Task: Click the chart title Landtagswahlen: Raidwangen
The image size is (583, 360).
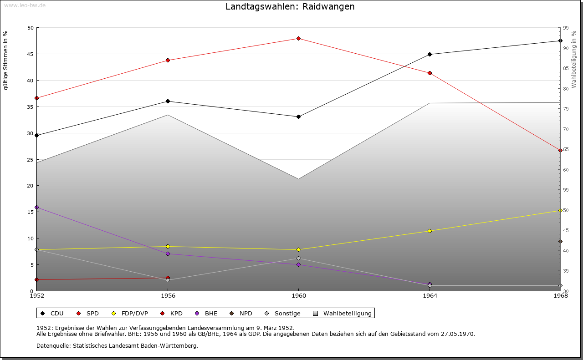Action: point(290,7)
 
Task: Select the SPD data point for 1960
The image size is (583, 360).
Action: point(298,38)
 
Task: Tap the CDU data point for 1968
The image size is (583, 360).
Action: point(560,41)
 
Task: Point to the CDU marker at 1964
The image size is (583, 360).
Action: point(430,55)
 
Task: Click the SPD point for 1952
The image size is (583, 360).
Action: point(37,98)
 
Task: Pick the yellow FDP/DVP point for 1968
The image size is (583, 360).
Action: point(560,211)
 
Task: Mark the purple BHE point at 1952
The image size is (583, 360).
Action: point(37,208)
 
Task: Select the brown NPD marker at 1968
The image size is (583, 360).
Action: point(560,242)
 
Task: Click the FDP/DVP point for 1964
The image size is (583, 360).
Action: point(430,231)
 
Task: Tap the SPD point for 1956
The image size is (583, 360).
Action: point(168,60)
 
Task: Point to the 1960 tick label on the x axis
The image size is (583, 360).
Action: point(298,296)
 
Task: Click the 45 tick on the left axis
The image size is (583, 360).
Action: point(31,54)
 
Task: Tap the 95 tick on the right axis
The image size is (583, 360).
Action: point(565,28)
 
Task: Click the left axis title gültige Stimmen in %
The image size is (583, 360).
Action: point(6,60)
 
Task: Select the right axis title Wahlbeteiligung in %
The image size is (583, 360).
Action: point(574,59)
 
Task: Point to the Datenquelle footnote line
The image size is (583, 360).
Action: point(117,345)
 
